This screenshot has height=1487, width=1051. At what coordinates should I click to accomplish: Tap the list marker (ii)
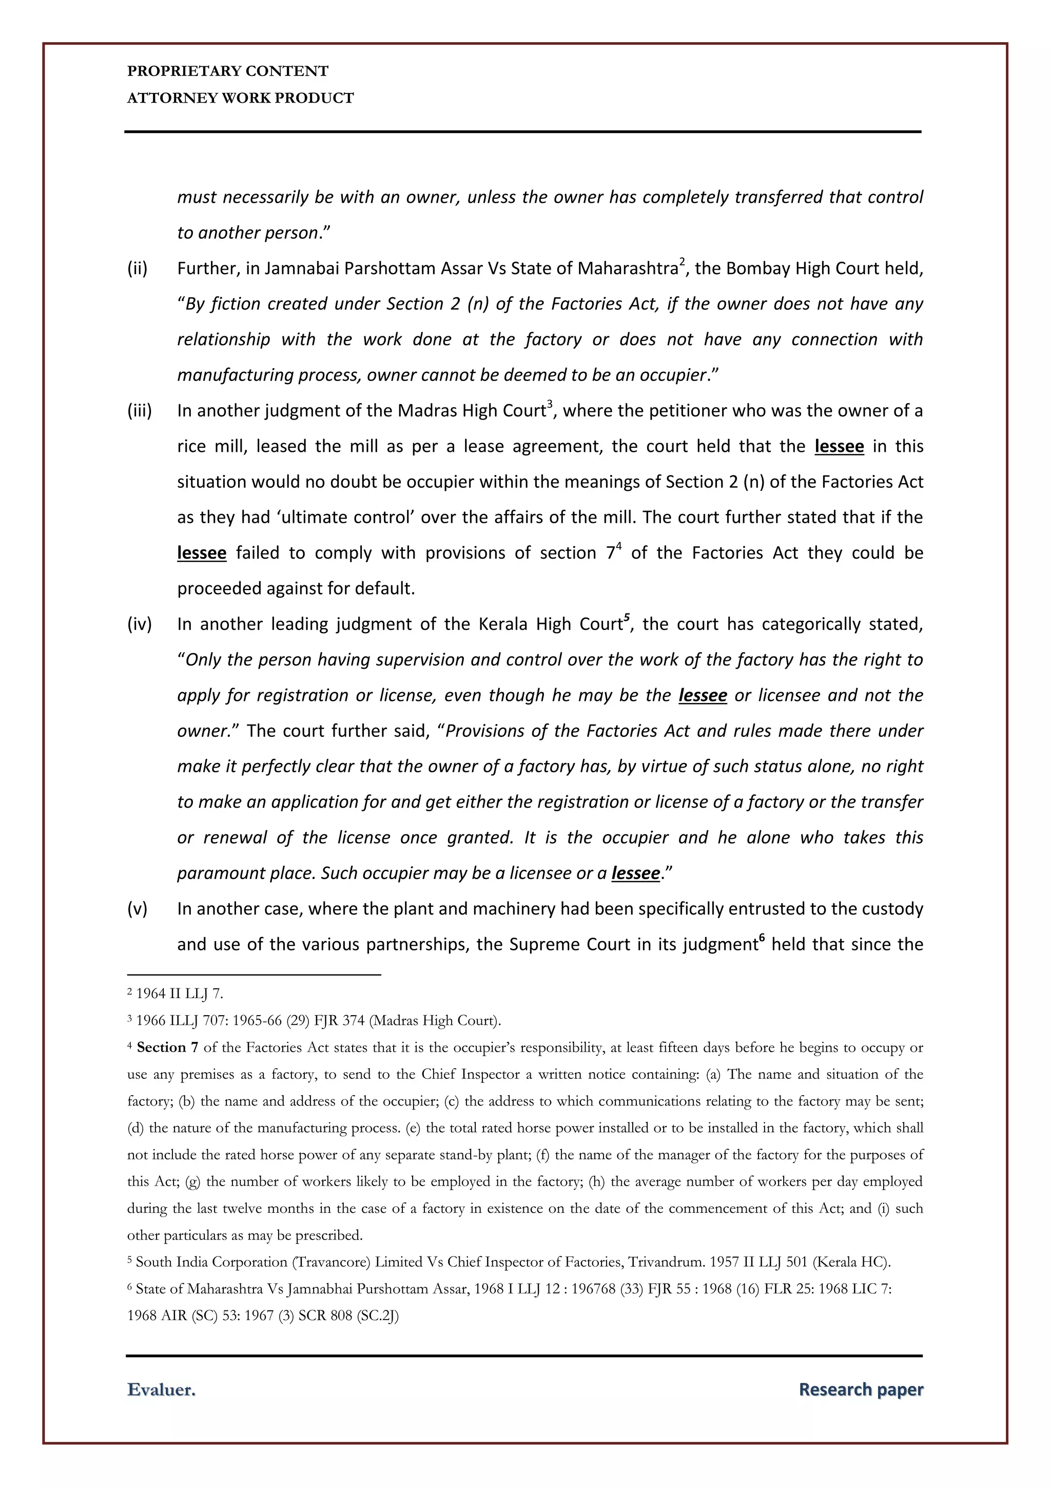[137, 269]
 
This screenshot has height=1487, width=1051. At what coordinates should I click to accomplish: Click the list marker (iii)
[139, 411]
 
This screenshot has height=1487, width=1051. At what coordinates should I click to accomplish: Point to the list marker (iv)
[139, 624]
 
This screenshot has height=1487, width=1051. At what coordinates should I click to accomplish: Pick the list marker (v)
[137, 909]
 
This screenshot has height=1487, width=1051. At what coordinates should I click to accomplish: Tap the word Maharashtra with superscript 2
[627, 269]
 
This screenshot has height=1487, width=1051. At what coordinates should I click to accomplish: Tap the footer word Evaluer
[161, 1390]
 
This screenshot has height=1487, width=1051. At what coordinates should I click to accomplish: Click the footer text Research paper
[860, 1390]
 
